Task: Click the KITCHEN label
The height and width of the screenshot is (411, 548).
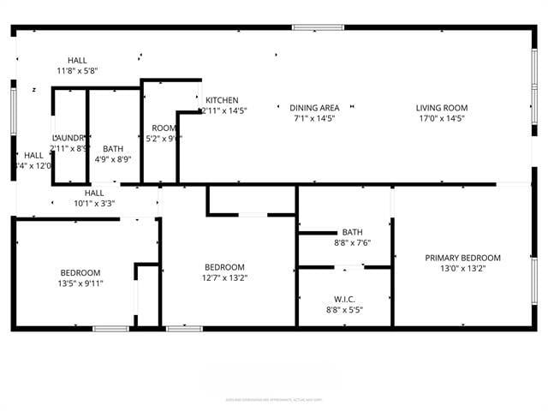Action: (x=222, y=100)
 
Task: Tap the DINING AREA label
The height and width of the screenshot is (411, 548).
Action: (x=314, y=108)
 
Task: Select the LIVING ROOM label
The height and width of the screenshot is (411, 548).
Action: (x=442, y=108)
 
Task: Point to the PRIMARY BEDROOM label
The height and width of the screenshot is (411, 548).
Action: (x=463, y=258)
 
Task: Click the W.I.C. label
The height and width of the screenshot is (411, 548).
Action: (x=344, y=300)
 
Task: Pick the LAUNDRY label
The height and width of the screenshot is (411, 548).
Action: (x=68, y=138)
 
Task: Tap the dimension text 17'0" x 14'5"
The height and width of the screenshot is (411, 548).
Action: (x=442, y=118)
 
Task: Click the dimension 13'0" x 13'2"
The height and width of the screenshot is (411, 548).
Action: (x=463, y=268)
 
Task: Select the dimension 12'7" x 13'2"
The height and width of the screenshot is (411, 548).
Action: (x=223, y=277)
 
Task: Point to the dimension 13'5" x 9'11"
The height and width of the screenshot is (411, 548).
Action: (x=80, y=283)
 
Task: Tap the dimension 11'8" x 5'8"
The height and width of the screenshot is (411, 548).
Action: (x=78, y=70)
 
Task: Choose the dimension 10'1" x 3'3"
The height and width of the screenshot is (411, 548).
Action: (x=94, y=204)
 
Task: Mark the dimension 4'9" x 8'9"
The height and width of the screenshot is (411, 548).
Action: (x=113, y=159)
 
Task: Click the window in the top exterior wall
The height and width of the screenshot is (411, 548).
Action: (x=318, y=27)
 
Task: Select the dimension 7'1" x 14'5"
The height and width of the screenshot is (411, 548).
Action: (x=314, y=118)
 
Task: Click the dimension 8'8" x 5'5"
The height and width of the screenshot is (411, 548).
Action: (x=344, y=310)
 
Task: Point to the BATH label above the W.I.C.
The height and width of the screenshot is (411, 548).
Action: (x=352, y=232)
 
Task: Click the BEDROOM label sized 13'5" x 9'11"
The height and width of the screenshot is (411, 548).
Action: (x=80, y=273)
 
